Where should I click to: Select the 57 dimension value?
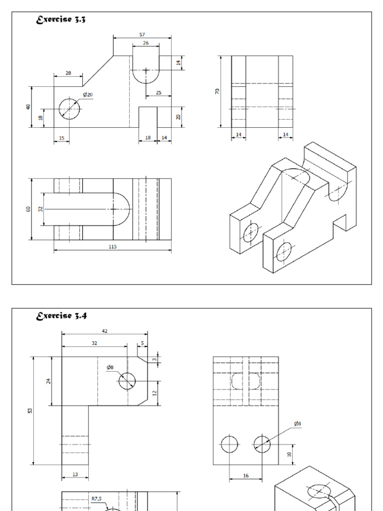pyautogui.click(x=143, y=34)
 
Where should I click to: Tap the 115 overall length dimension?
pyautogui.click(x=113, y=247)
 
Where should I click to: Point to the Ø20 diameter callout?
pyautogui.click(x=88, y=94)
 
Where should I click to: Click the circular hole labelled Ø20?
pyautogui.click(x=69, y=108)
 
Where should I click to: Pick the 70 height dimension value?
pyautogui.click(x=218, y=92)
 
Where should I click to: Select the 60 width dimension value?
pyautogui.click(x=29, y=209)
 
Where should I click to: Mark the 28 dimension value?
pyautogui.click(x=68, y=73)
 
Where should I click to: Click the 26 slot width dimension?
pyautogui.click(x=146, y=43)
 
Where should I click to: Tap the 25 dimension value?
pyautogui.click(x=159, y=93)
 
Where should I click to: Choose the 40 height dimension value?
pyautogui.click(x=29, y=107)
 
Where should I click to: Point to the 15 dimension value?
pyautogui.click(x=61, y=138)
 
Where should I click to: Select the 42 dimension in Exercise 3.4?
pyautogui.click(x=104, y=330)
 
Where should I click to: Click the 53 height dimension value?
pyautogui.click(x=30, y=410)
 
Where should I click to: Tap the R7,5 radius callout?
pyautogui.click(x=96, y=498)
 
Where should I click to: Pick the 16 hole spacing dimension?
pyautogui.click(x=246, y=476)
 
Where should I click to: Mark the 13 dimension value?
pyautogui.click(x=75, y=475)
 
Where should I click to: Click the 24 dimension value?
pyautogui.click(x=48, y=381)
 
